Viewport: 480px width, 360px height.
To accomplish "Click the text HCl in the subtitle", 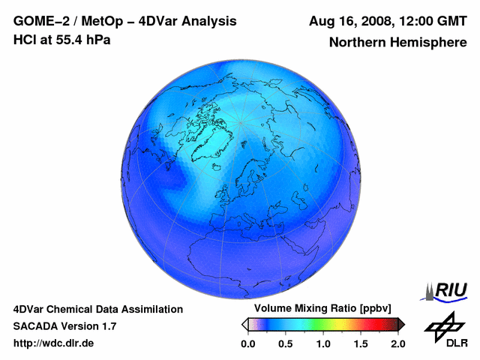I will coord(25,40).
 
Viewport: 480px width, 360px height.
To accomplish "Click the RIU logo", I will coord(448,289).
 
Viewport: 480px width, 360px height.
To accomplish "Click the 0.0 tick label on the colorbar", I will coord(247,343).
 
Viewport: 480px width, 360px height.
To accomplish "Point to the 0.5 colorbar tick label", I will coord(285,343).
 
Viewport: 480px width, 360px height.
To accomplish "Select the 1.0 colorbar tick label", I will coord(322,343).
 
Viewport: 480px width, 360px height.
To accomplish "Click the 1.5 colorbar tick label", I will coord(360,343).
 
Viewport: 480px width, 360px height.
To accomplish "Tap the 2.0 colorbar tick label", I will coord(397,343).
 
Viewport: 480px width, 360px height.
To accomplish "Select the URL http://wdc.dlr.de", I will coord(54,343).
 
